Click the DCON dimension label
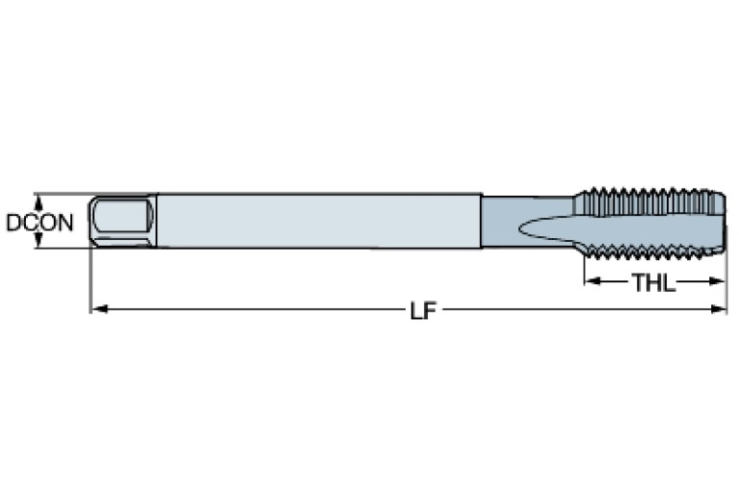pos(39,223)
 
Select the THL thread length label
pos(653,282)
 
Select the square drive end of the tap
pos(121,222)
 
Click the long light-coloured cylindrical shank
pos(318,221)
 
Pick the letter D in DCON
pos(13,223)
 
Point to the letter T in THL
pos(638,282)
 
